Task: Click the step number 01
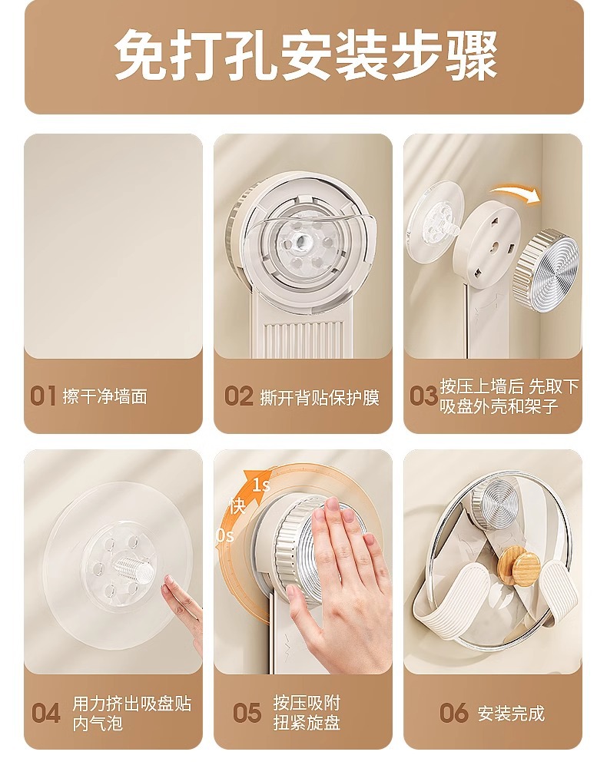43,396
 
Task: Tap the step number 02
239,396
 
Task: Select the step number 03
423,396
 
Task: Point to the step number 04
46,714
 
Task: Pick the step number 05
247,714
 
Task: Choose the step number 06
454,713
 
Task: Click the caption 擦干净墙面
104,396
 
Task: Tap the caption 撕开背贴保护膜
320,397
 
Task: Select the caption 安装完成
511,714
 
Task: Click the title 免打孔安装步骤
306,55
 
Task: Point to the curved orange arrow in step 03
516,192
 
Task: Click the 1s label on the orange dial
261,485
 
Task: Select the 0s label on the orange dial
225,535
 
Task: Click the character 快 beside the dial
237,506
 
